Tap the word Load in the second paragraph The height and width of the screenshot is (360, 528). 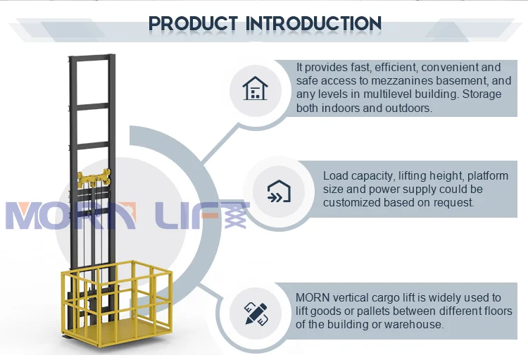pyautogui.click(x=336, y=175)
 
